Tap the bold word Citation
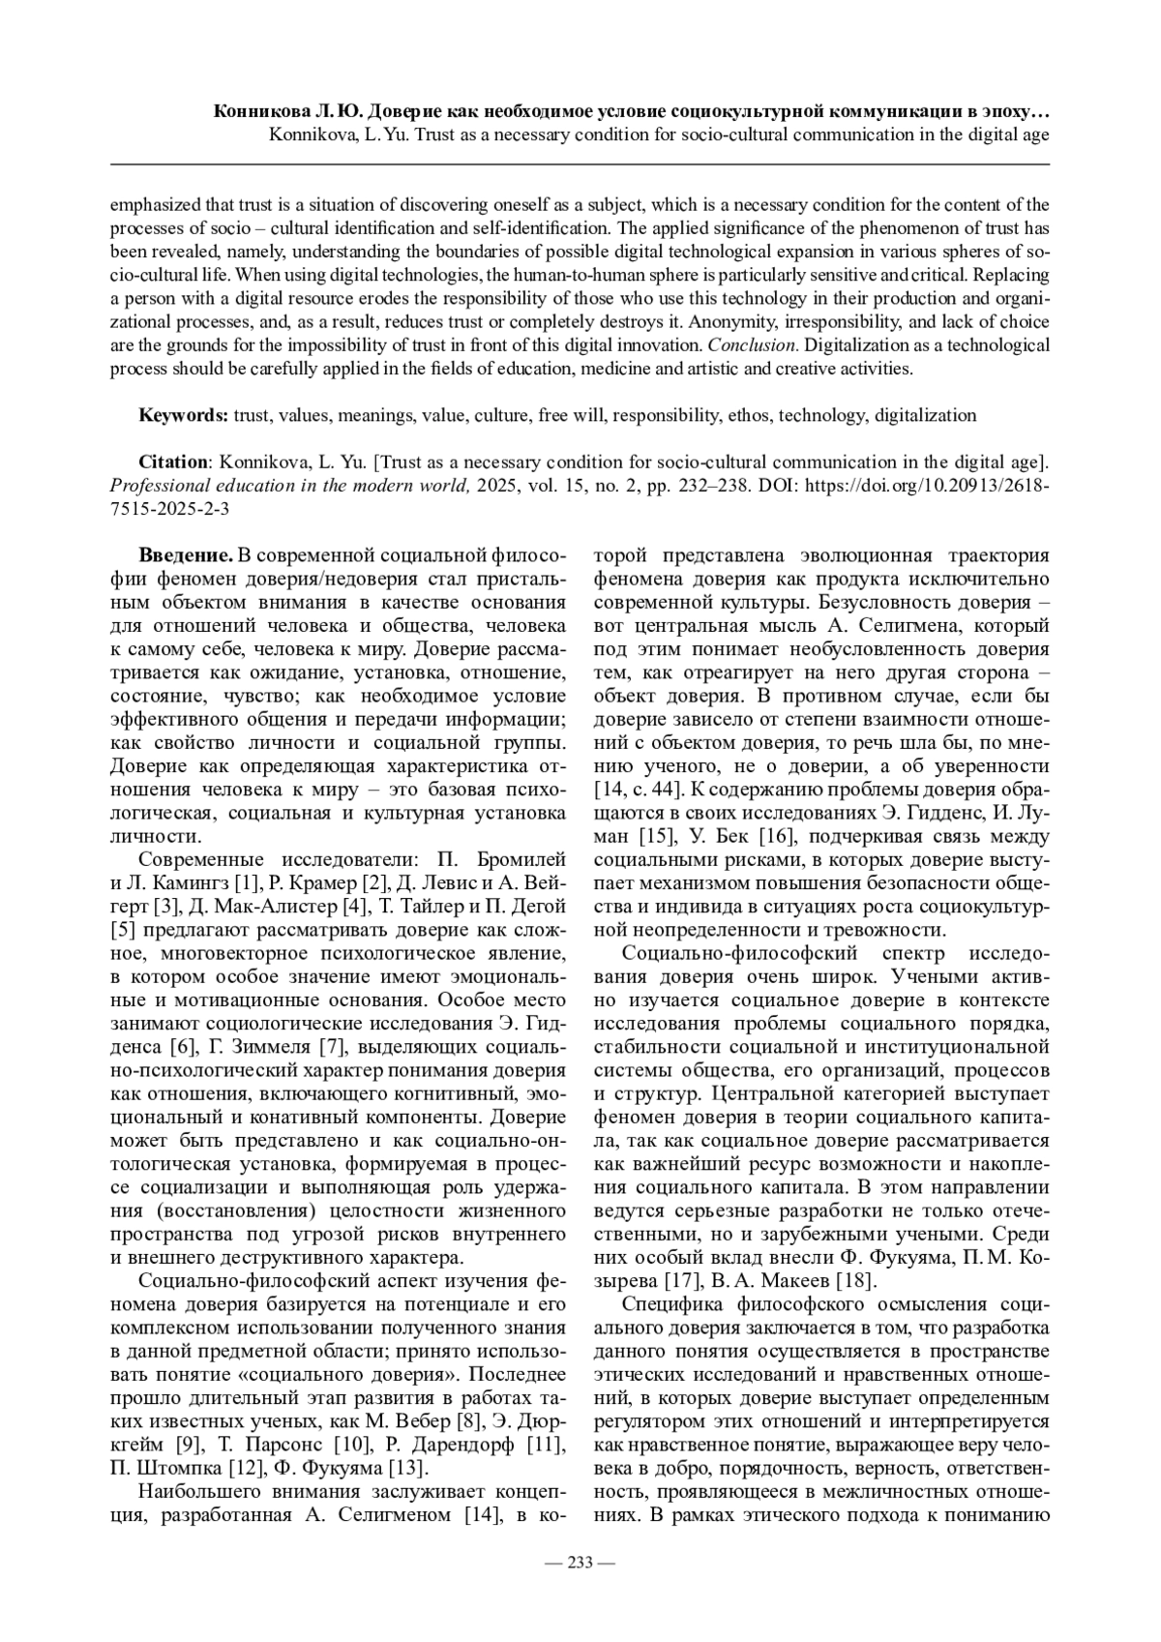click(173, 462)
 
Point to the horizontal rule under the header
click(580, 164)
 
